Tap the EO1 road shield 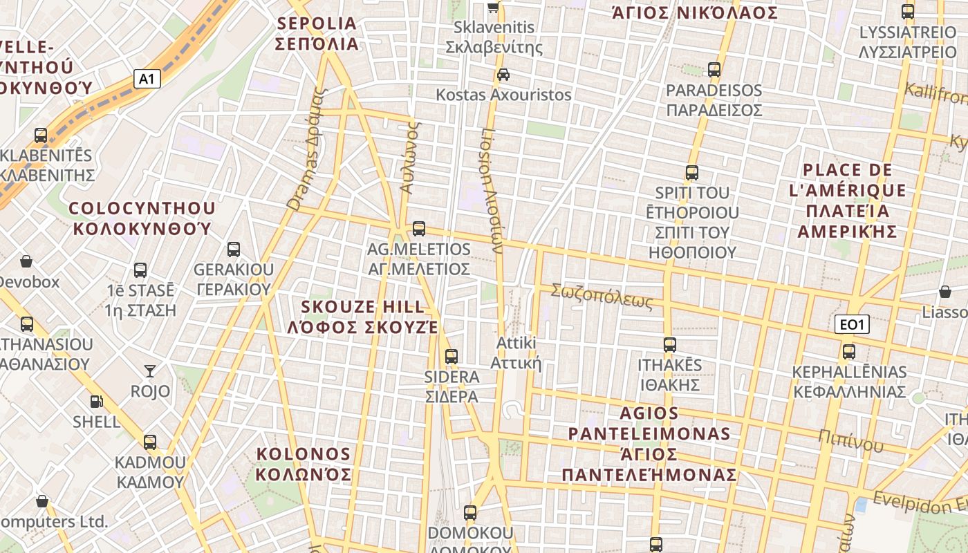pyautogui.click(x=851, y=324)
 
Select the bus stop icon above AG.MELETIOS pyautogui.click(x=418, y=229)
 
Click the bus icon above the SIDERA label pyautogui.click(x=452, y=357)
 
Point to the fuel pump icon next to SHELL pyautogui.click(x=96, y=402)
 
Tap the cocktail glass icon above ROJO pyautogui.click(x=150, y=371)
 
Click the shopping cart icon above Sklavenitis pyautogui.click(x=494, y=8)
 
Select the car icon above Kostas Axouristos pyautogui.click(x=503, y=75)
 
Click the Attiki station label pyautogui.click(x=516, y=353)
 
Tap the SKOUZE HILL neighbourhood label pyautogui.click(x=363, y=317)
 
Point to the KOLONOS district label pyautogui.click(x=304, y=464)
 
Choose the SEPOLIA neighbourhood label pyautogui.click(x=317, y=34)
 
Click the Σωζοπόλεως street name pyautogui.click(x=602, y=297)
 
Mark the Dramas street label pyautogui.click(x=305, y=149)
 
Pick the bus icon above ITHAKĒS pyautogui.click(x=669, y=345)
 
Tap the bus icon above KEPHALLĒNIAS pyautogui.click(x=849, y=352)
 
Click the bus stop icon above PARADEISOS pyautogui.click(x=714, y=70)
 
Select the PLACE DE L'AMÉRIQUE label pyautogui.click(x=848, y=200)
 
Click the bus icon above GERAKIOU pyautogui.click(x=234, y=250)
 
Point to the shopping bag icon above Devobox pyautogui.click(x=26, y=261)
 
